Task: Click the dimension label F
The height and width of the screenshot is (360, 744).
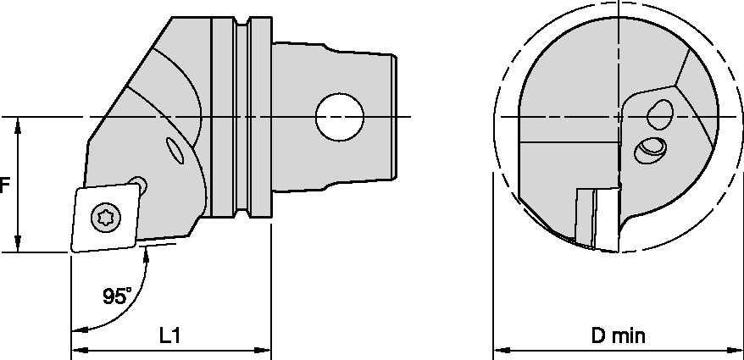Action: click(x=4, y=186)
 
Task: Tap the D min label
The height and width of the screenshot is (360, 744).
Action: click(x=619, y=335)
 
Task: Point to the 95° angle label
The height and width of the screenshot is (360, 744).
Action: click(x=117, y=296)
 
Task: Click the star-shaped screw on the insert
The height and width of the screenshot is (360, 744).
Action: click(x=106, y=218)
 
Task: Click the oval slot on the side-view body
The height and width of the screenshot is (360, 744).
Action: click(x=176, y=151)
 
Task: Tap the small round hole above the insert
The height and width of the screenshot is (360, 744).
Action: click(x=139, y=184)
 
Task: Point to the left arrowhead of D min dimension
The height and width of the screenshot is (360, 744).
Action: click(x=499, y=349)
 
